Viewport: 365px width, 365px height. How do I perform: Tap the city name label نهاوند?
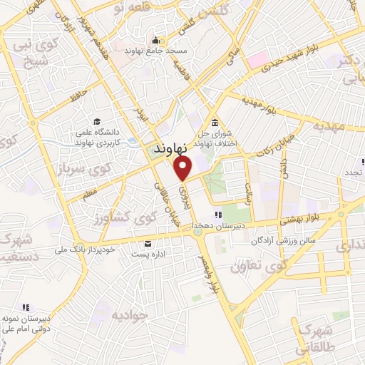point(172,149)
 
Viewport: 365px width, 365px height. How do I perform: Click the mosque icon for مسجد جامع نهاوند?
point(153,39)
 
